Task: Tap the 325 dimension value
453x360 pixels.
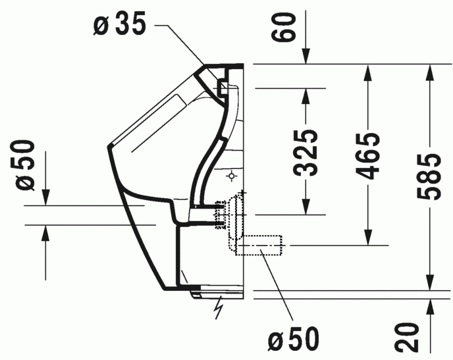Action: [x=305, y=153]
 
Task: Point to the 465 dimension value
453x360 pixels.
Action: [x=367, y=156]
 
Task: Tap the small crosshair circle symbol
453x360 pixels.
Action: [x=232, y=176]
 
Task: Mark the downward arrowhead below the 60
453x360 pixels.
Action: [x=306, y=58]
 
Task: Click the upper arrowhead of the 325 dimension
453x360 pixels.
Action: [x=306, y=95]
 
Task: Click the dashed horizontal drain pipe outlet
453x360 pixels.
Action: [x=260, y=245]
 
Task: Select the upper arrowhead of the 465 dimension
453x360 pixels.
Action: [x=367, y=71]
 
